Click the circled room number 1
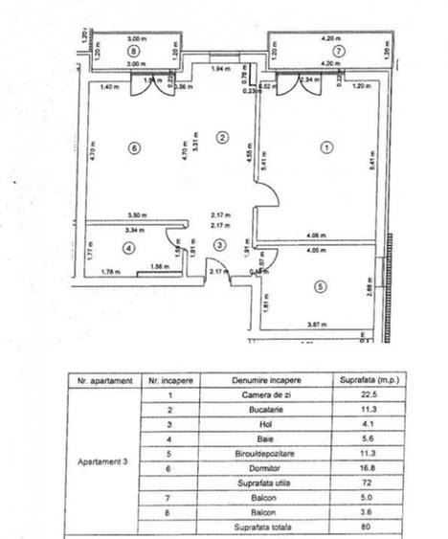(x=326, y=147)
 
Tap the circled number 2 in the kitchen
(x=221, y=137)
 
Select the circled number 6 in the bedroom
(x=133, y=147)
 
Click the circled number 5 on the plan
(x=320, y=284)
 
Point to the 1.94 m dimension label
(x=220, y=71)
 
